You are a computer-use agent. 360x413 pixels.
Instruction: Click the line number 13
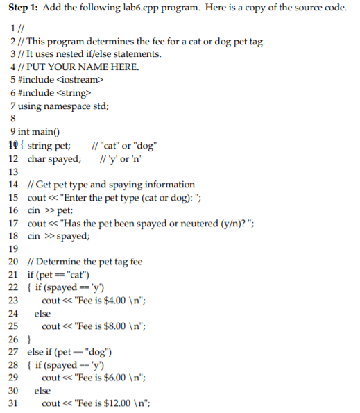(12, 171)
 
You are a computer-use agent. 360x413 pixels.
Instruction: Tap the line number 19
(12, 248)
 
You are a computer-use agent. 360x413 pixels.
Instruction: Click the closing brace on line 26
(27, 339)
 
